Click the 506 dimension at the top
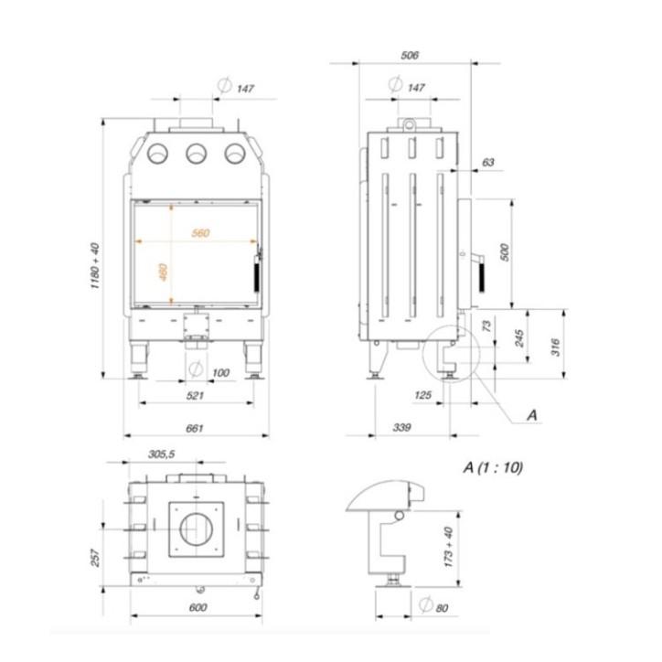coord(410,56)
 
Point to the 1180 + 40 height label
coord(94,266)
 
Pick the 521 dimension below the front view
coord(194,397)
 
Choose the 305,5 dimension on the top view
coord(160,454)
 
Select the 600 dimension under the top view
coord(196,607)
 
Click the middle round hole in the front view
coord(195,154)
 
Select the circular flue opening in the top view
coord(195,530)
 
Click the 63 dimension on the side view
coord(487,162)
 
